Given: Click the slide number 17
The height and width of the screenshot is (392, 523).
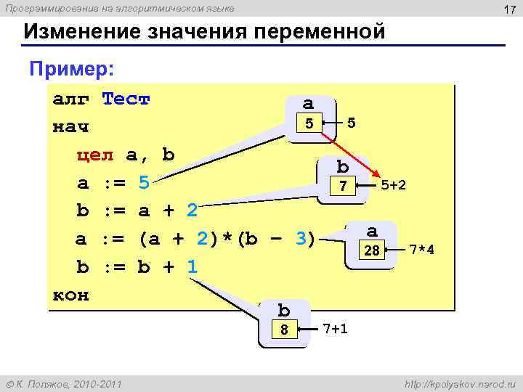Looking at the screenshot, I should point(509,9).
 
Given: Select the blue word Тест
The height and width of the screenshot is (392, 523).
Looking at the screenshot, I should point(126,99).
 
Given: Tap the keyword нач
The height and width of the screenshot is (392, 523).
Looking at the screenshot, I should point(70,127).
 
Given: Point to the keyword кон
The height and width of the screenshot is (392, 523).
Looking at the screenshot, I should point(70,295).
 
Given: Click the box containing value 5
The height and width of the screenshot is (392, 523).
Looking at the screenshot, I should point(309,123).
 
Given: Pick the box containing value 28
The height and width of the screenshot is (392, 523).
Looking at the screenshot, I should point(372,250).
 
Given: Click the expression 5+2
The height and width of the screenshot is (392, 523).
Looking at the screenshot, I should point(393,185).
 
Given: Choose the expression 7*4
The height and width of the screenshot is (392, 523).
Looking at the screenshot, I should point(422,250).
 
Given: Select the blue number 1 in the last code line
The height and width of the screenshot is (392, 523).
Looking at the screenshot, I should point(191,267).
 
